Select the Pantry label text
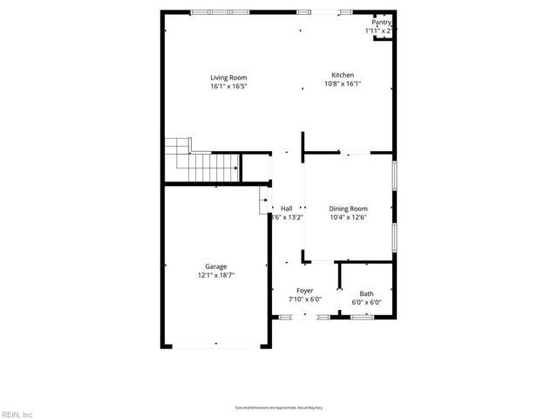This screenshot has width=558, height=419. [x=381, y=23]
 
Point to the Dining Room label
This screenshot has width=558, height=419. [x=348, y=209]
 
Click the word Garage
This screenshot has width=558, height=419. [x=216, y=266]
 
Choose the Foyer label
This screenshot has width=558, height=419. [x=305, y=291]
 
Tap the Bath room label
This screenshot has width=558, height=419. [x=367, y=294]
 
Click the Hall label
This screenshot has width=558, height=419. [x=286, y=209]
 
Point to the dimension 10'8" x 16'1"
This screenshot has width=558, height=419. [x=342, y=84]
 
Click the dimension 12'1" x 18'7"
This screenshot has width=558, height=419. [x=216, y=276]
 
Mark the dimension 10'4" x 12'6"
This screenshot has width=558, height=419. [x=348, y=218]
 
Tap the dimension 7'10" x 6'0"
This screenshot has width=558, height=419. [x=305, y=300]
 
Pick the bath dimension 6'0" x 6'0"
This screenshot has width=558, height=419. [x=367, y=304]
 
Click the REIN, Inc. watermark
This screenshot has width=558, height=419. [x=17, y=413]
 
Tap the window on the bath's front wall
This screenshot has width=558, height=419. [x=362, y=318]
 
